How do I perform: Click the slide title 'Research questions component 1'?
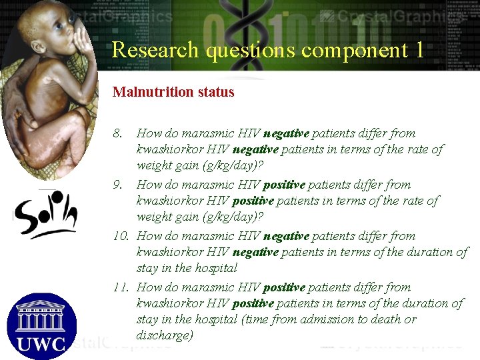click(x=268, y=50)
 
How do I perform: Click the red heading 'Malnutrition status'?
click(x=173, y=92)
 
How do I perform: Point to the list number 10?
click(x=121, y=236)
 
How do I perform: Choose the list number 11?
click(x=121, y=287)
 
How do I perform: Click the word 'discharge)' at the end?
click(x=165, y=335)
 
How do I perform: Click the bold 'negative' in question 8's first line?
click(x=286, y=134)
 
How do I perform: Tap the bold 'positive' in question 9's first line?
click(x=285, y=185)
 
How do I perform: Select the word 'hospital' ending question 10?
click(x=215, y=269)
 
